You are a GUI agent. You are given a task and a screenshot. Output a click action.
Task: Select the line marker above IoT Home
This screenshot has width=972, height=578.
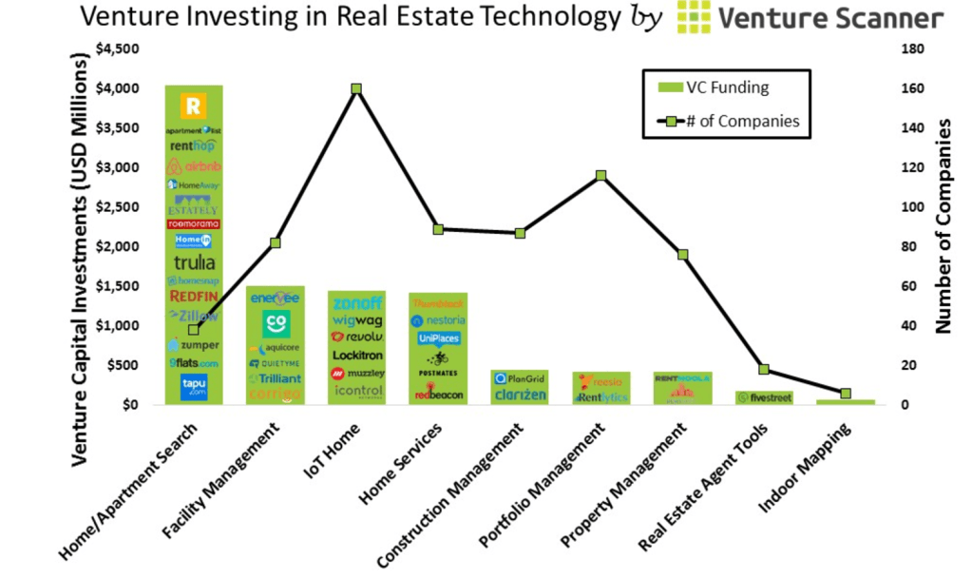356,88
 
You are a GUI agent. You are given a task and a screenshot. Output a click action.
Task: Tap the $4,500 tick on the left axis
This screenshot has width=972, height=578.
120,48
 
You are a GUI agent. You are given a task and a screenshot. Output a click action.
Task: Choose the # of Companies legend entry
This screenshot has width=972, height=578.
727,121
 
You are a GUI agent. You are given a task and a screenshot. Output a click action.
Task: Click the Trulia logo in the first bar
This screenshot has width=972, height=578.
194,262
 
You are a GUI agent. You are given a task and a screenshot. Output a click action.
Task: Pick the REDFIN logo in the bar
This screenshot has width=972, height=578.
194,297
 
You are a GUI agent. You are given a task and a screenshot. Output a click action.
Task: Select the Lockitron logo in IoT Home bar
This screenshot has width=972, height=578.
356,355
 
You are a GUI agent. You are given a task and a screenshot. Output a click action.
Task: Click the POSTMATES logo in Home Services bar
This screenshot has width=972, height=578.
438,374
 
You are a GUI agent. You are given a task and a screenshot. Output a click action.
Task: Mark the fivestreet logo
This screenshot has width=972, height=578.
764,397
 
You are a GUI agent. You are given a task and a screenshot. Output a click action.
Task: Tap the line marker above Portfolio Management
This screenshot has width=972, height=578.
600,176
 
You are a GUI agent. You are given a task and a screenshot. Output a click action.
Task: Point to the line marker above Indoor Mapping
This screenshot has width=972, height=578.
846,394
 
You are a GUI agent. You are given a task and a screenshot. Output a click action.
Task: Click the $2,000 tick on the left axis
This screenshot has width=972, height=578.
120,246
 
